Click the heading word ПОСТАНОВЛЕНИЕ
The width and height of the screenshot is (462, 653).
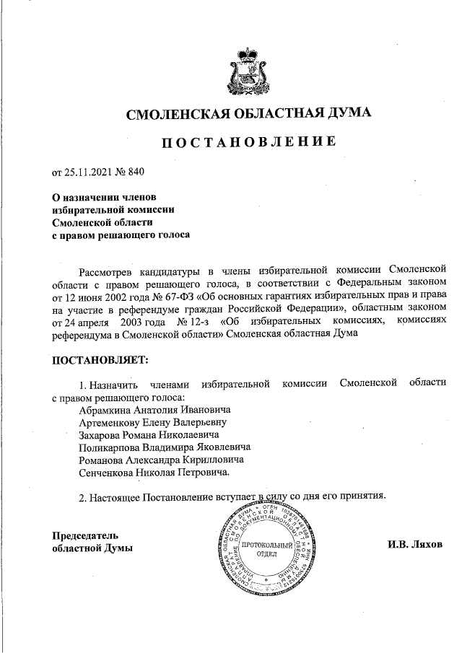[248, 141]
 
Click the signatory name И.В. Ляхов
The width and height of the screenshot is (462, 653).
[414, 544]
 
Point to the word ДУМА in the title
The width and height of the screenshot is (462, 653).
[349, 113]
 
